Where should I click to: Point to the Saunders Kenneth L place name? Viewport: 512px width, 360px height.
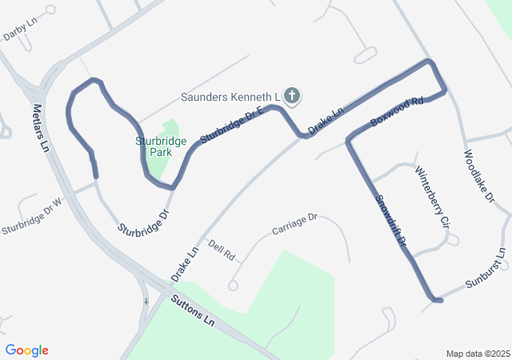(228, 97)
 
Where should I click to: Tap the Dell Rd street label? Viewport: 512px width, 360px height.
(222, 250)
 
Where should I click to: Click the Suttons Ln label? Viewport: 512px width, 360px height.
(193, 310)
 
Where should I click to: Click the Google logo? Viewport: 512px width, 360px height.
(27, 350)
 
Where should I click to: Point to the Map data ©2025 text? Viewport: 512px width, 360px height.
(478, 354)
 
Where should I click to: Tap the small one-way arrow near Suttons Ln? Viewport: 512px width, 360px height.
(146, 302)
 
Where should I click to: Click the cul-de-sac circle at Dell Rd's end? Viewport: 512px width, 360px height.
(233, 285)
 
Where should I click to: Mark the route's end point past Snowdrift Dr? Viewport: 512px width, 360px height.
(438, 300)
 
